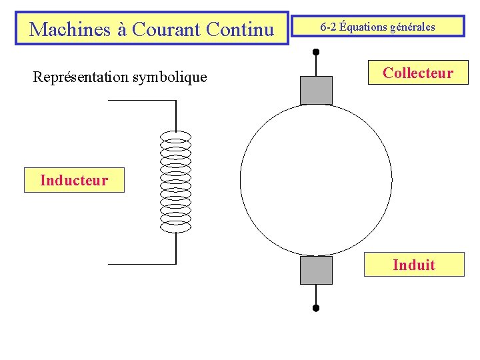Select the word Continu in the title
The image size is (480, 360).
[x=240, y=29]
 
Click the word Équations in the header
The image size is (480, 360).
[x=362, y=27]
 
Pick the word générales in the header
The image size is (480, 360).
[x=412, y=27]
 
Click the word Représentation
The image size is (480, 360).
[x=81, y=77]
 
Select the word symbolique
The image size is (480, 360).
[x=170, y=77]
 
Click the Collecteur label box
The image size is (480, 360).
[x=417, y=73]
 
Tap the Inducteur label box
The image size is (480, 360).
[x=74, y=180]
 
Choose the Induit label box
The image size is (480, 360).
[x=413, y=265]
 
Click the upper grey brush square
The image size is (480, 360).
[x=316, y=90]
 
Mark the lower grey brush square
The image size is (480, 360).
[x=316, y=270]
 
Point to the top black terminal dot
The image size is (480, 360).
[x=316, y=51]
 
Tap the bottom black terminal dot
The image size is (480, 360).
[x=316, y=308]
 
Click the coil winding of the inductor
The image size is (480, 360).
[x=176, y=181]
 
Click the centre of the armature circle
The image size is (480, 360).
[x=316, y=180]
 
